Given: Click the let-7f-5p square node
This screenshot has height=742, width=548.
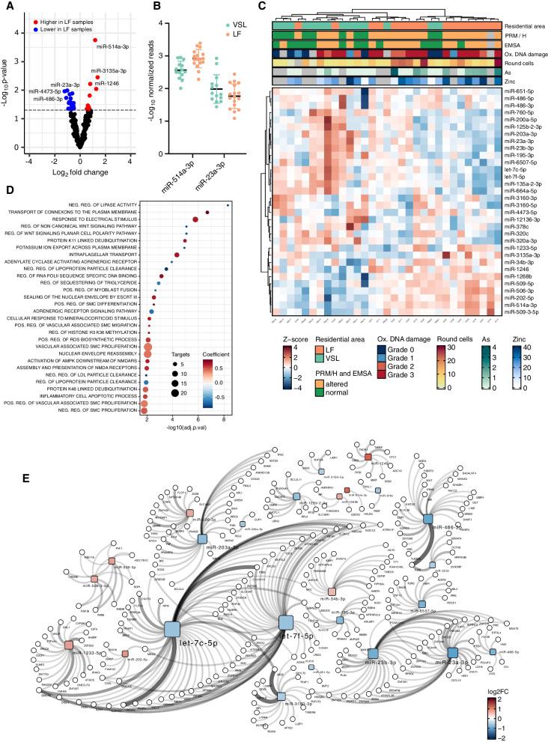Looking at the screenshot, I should click(x=285, y=621).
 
